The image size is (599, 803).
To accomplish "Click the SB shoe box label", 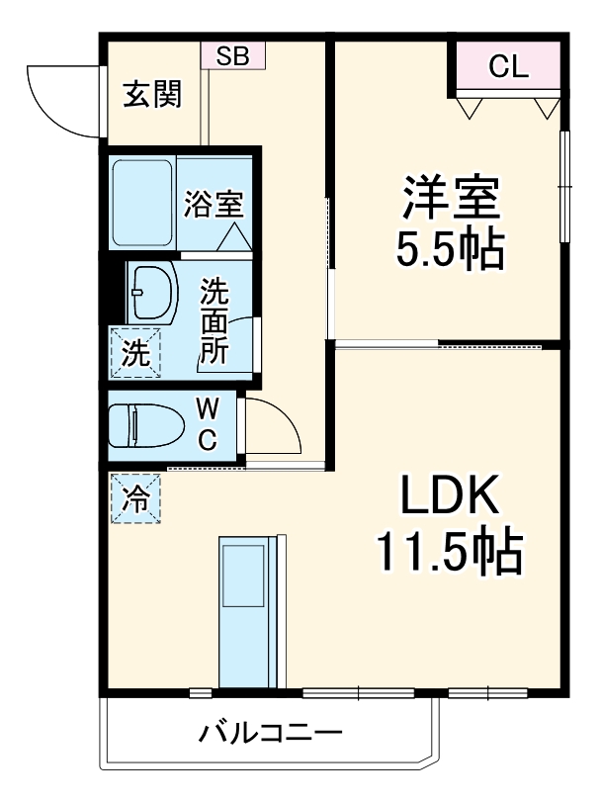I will point(233,56).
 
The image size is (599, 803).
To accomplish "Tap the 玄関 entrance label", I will point(152,95).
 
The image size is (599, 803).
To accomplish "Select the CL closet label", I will point(509,67).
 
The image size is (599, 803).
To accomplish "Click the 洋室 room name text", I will point(450,198).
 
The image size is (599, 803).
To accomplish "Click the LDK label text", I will point(451,496).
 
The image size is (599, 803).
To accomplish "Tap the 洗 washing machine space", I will point(134,353).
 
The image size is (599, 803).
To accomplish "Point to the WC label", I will point(208,425).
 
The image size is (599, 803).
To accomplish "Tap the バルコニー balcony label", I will point(271,734).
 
